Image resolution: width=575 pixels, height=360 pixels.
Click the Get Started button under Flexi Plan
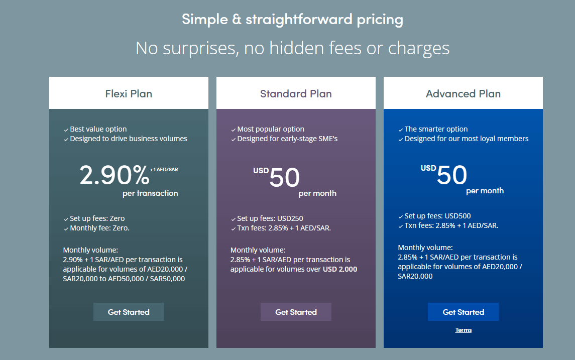tap(129, 312)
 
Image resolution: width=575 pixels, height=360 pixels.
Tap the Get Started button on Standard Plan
tap(296, 312)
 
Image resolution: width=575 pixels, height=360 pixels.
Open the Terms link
tap(464, 330)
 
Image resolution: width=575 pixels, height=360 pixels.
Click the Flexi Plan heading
tap(129, 94)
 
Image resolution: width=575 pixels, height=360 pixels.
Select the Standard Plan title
tap(296, 94)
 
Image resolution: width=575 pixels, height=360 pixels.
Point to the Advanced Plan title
tap(463, 94)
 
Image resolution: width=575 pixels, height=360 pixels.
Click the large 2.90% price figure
tap(114, 175)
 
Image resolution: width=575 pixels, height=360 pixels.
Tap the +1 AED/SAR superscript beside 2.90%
tap(164, 169)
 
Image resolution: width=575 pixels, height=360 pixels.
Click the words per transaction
tap(150, 193)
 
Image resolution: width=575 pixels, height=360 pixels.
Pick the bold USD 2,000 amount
tap(340, 269)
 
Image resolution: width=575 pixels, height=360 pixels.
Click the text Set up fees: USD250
tap(270, 218)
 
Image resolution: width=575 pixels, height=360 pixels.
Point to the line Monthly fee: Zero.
tap(100, 228)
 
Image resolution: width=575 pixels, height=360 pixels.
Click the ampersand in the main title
tap(237, 20)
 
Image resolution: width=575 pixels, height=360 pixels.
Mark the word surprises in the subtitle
tap(200, 48)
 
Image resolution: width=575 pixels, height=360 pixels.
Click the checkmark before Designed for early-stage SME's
tap(233, 139)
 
